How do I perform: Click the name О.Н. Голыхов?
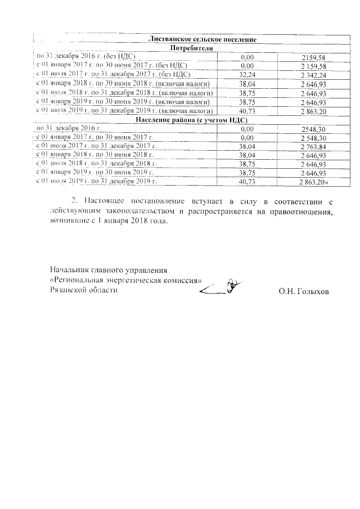coord(304,292)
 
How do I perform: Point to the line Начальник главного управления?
coord(109,270)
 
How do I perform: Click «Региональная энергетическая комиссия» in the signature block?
coord(126,280)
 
